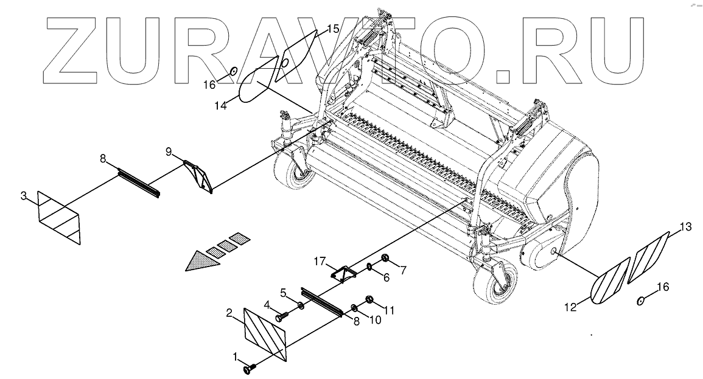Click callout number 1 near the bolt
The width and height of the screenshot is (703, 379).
pos(236,355)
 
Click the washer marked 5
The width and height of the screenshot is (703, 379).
pos(302,304)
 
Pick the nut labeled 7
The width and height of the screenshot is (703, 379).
pos(385,260)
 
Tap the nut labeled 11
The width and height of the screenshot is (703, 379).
pos(369,299)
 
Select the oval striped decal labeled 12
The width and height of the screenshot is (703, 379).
pos(610,281)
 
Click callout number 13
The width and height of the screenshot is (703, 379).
pos(685,227)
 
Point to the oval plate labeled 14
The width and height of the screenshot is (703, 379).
pos(256,85)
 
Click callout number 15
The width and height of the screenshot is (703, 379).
pos(333,28)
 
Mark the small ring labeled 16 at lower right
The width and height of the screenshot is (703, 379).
pos(641,301)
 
